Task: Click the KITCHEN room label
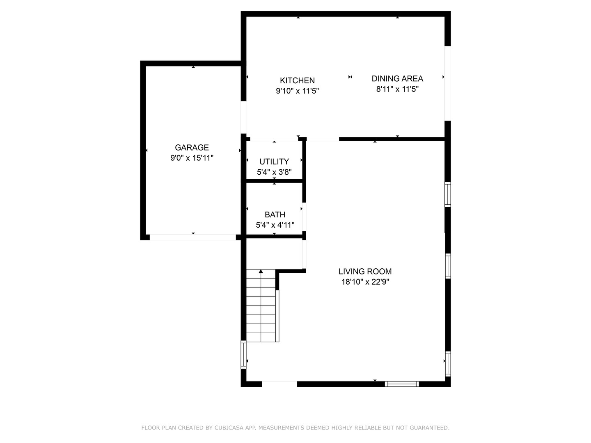pyautogui.click(x=297, y=80)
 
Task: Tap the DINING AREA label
pyautogui.click(x=397, y=78)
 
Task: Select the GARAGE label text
pyautogui.click(x=192, y=147)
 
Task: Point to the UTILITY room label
pyautogui.click(x=274, y=161)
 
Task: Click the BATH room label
pyautogui.click(x=275, y=214)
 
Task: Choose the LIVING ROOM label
pyautogui.click(x=365, y=271)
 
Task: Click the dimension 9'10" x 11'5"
pyautogui.click(x=297, y=91)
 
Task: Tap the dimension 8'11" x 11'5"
pyautogui.click(x=397, y=89)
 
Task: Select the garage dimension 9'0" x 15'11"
pyautogui.click(x=192, y=158)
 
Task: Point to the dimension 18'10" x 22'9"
pyautogui.click(x=365, y=282)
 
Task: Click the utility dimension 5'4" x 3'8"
pyautogui.click(x=274, y=172)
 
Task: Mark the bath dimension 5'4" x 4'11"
pyautogui.click(x=275, y=225)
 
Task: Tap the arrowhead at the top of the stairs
pyautogui.click(x=261, y=272)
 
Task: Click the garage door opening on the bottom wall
pyautogui.click(x=192, y=237)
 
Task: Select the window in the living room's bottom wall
pyautogui.click(x=402, y=384)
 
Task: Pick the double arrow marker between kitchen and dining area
pyautogui.click(x=350, y=77)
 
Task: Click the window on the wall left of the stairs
pyautogui.click(x=243, y=355)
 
